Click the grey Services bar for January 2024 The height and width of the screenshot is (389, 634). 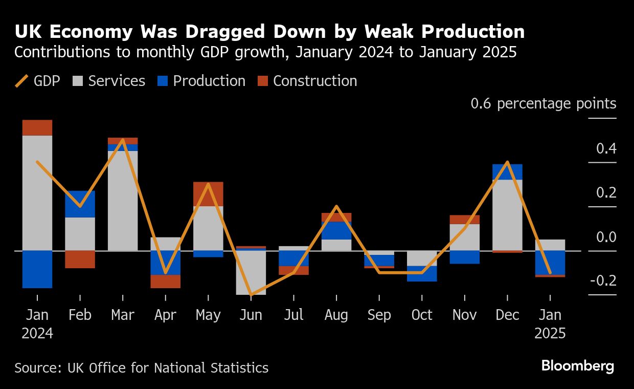[x=37, y=192]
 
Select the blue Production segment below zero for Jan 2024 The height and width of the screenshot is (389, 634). [x=37, y=269]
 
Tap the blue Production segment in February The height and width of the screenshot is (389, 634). [x=80, y=204]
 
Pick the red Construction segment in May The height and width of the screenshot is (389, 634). [x=208, y=194]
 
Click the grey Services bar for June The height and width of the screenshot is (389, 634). [x=251, y=272]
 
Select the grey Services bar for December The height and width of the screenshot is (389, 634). [x=507, y=215]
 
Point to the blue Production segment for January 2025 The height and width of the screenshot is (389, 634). [x=550, y=263]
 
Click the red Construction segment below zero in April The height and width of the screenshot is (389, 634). [x=165, y=282]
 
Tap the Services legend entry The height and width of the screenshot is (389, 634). [x=108, y=81]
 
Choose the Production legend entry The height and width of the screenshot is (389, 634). [x=201, y=81]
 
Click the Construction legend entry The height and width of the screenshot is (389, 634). [x=307, y=81]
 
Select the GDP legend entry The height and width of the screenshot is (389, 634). [x=38, y=81]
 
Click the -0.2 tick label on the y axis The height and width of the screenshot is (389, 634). [x=603, y=281]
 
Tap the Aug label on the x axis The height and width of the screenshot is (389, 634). [x=336, y=315]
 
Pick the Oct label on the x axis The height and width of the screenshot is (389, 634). [x=422, y=315]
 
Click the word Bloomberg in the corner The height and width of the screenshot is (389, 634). [x=578, y=366]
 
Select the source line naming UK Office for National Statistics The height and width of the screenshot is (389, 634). [x=141, y=368]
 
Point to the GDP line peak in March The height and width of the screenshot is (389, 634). [x=123, y=140]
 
